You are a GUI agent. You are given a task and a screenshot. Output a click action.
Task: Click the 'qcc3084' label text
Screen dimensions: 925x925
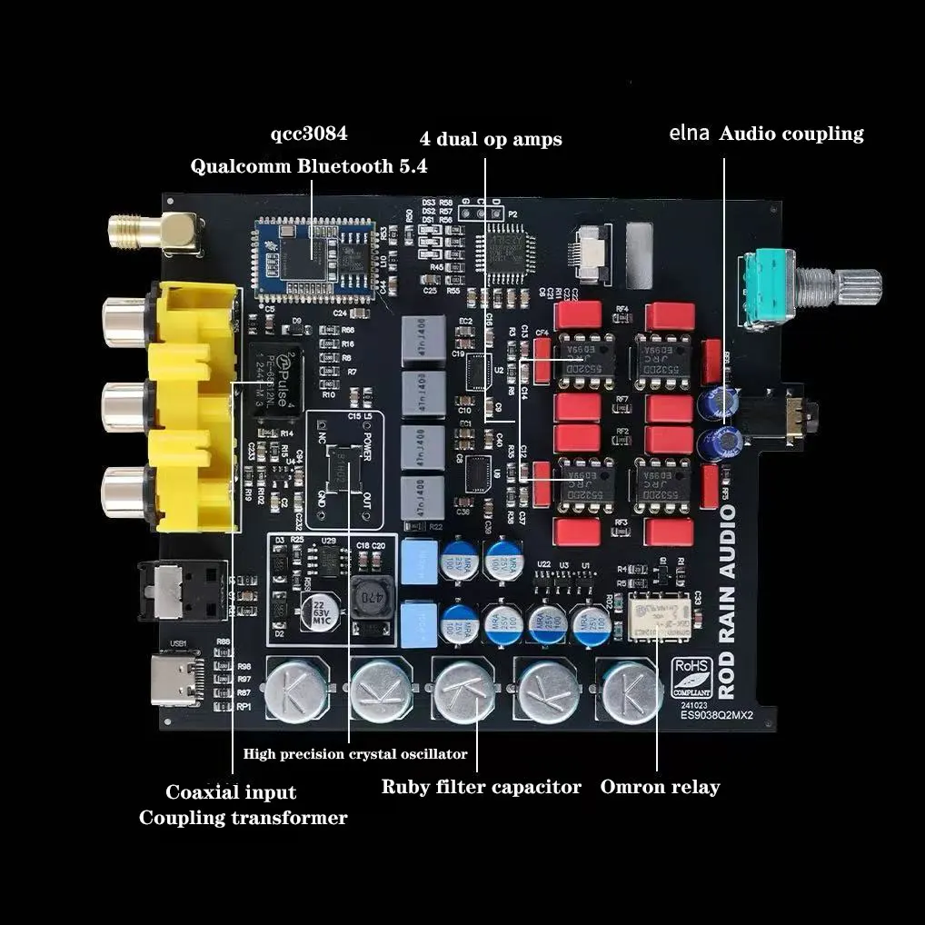pos(309,134)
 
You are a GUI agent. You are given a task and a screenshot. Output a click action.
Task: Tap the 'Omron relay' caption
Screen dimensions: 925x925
pos(660,787)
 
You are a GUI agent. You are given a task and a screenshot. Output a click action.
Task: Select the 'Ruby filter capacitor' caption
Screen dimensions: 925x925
pos(481,787)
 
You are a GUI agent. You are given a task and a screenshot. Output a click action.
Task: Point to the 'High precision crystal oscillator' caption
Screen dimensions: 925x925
pos(355,753)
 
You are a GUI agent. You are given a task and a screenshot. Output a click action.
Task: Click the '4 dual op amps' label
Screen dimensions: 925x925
pos(491,139)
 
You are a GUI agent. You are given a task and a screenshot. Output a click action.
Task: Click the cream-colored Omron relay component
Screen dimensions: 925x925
pos(660,617)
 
